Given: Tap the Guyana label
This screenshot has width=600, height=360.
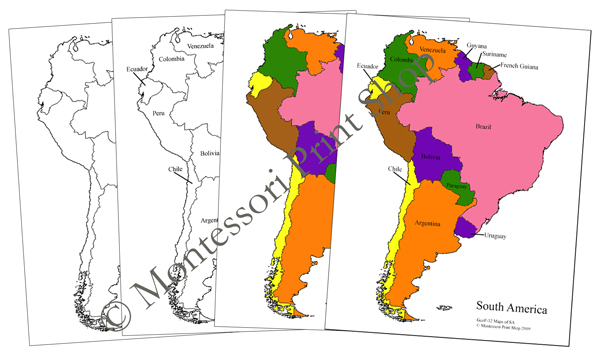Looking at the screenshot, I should (476, 45).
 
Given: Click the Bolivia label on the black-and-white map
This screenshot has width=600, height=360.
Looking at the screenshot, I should (210, 153).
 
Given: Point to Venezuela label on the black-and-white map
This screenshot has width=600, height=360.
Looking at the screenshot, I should (206, 46).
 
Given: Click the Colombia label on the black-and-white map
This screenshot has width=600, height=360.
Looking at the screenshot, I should (172, 56).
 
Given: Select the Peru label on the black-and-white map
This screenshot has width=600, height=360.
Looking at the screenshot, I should (156, 114).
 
